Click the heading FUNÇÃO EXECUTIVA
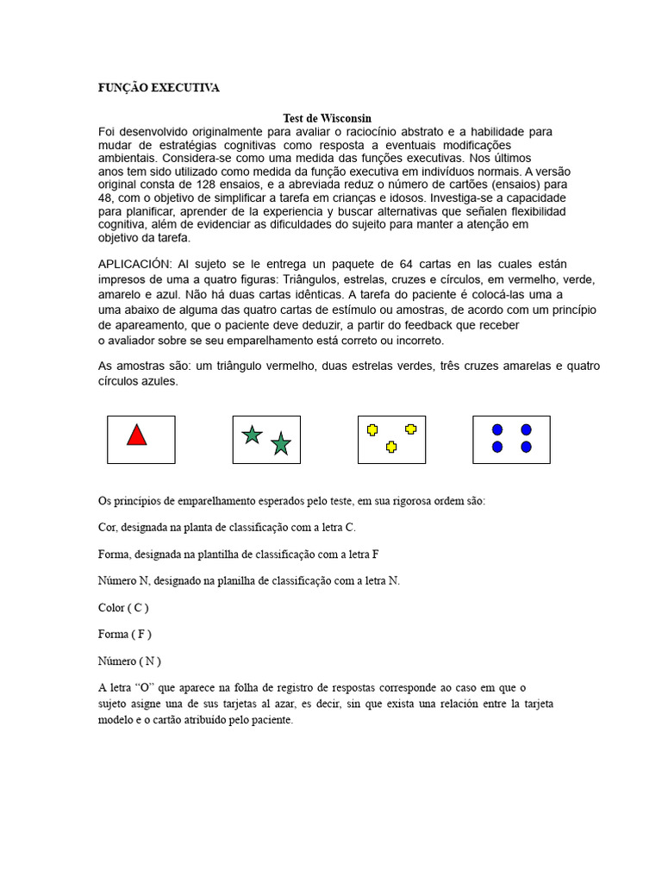[159, 88]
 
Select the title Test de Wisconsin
[327, 118]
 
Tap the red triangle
[136, 435]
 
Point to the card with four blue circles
[511, 439]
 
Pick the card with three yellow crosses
[391, 439]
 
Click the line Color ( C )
[123, 608]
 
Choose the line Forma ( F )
[125, 635]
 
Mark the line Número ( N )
[129, 661]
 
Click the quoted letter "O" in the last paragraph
[145, 688]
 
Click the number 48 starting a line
[106, 197]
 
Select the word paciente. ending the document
[270, 721]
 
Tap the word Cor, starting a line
[108, 527]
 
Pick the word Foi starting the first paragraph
[108, 132]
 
